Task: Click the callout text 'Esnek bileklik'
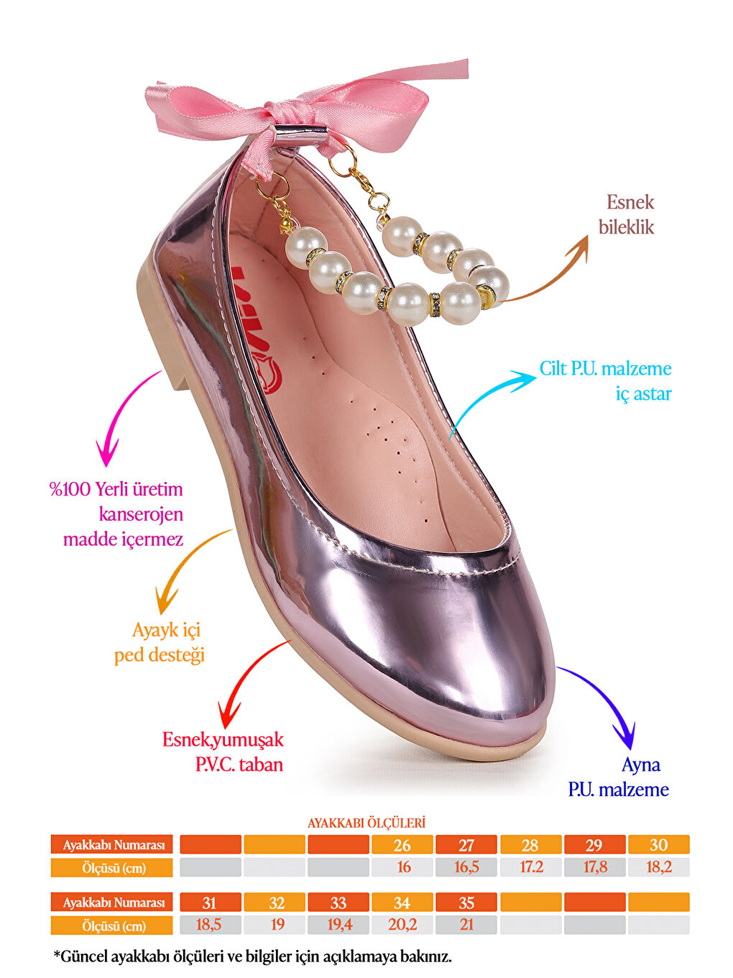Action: [627, 214]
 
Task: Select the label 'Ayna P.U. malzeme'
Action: [619, 777]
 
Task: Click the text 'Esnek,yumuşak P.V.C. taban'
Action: [223, 751]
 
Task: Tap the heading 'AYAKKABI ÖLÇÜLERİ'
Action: [366, 823]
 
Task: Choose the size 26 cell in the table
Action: [402, 845]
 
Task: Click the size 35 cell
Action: [466, 902]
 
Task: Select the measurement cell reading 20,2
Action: [402, 925]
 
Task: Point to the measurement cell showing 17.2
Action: [530, 867]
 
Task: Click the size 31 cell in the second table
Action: [210, 902]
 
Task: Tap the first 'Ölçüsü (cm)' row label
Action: [112, 868]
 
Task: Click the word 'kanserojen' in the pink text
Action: [141, 514]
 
